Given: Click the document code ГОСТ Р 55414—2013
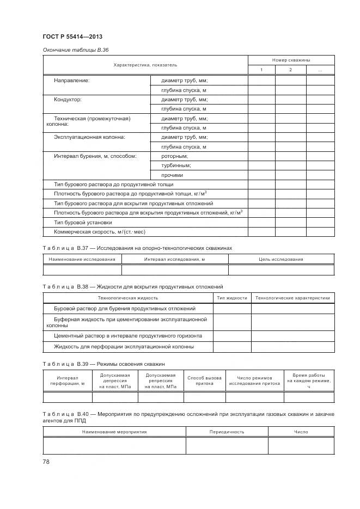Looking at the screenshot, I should click(72, 37).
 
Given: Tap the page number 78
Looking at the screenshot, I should click(46, 462).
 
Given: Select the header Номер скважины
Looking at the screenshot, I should click(291, 60).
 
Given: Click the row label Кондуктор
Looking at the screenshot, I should click(68, 100).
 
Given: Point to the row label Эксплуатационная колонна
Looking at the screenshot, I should click(89, 137).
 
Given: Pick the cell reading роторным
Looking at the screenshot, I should click(175, 156).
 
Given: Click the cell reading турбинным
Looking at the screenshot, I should click(176, 165).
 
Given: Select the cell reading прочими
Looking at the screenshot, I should click(173, 175).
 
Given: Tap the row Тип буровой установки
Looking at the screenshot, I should click(83, 222).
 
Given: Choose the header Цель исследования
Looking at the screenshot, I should click(281, 259).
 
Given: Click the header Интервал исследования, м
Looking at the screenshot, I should click(174, 259).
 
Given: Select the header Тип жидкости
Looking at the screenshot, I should click(231, 298).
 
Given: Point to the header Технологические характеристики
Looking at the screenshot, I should click(292, 298).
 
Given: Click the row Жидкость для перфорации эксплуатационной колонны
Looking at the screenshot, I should click(124, 346).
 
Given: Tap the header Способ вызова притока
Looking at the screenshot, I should click(204, 380).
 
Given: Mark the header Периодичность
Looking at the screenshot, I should click(227, 432).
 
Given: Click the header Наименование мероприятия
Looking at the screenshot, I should click(114, 432).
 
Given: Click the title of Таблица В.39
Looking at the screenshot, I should click(103, 364).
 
